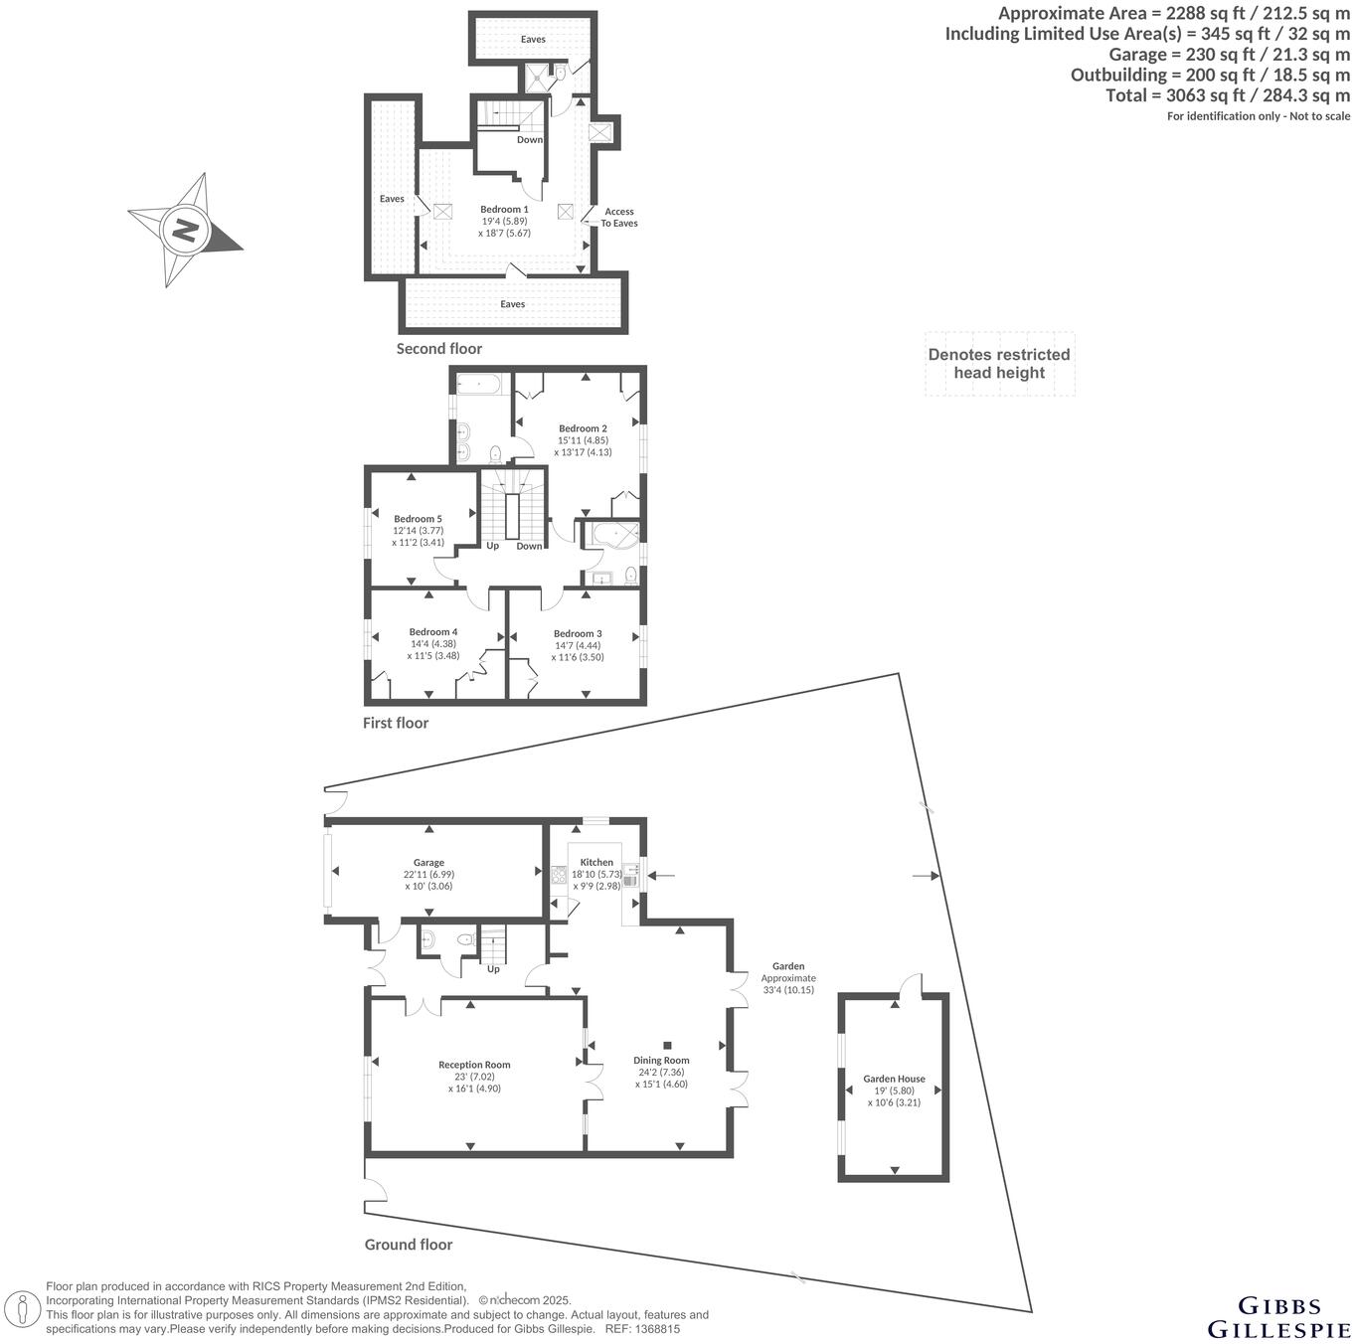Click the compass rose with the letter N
click(185, 231)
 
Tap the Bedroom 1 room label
click(504, 210)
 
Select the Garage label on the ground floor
click(428, 863)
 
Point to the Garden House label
click(894, 1079)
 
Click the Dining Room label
click(661, 1061)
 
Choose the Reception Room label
click(474, 1066)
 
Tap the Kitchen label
click(596, 863)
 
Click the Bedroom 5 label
click(418, 519)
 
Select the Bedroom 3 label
click(578, 634)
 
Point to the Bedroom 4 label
click(433, 632)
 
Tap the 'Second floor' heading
click(438, 349)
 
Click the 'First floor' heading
click(396, 724)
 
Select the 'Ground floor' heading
click(408, 1245)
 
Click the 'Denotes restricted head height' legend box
click(999, 364)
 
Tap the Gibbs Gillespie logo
click(1278, 1317)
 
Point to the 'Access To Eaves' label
click(618, 217)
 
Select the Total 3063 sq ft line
click(1228, 95)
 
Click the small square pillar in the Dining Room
click(667, 1045)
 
